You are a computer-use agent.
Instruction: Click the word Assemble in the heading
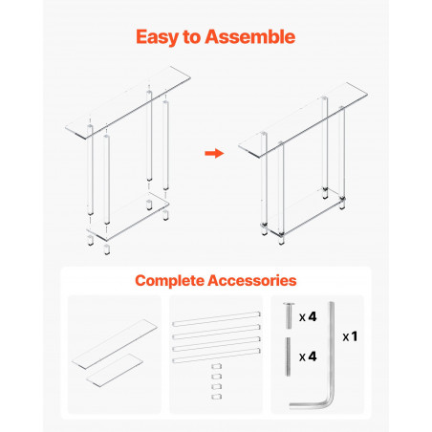pos(250,36)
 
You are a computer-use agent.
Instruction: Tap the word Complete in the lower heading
pos(169,281)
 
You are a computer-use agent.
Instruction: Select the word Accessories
pos(252,280)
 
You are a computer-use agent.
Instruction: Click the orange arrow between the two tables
pos(214,153)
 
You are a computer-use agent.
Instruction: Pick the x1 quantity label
pos(350,336)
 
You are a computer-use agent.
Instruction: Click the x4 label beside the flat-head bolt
pos(308,316)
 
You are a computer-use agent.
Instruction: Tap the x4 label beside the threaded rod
pos(308,356)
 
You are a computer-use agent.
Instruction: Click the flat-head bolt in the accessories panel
pos(289,315)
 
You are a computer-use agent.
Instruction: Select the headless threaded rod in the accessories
pos(288,356)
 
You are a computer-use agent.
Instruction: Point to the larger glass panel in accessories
pos(115,344)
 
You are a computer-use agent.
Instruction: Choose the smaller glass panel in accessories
pos(115,370)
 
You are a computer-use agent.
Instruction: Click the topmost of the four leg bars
pos(216,319)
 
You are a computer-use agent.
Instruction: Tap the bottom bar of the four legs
pos(216,356)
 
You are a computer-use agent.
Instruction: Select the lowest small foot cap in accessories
pos(217,397)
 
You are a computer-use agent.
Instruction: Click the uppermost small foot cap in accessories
pos(217,366)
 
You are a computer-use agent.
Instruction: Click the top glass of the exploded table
pos(128,102)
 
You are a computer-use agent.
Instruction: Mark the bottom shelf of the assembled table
pos(304,213)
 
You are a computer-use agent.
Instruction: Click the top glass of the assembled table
pos(303,119)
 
